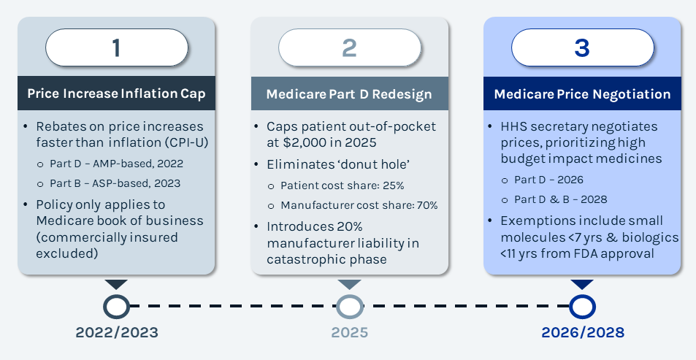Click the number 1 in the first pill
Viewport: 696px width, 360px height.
click(116, 48)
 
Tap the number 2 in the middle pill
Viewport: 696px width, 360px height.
click(349, 48)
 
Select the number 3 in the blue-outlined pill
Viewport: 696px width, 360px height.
click(582, 48)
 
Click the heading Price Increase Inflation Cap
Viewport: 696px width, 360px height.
click(116, 93)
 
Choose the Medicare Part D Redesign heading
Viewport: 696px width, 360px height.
click(349, 94)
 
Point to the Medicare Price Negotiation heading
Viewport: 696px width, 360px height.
click(582, 94)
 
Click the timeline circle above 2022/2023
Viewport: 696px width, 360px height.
click(116, 307)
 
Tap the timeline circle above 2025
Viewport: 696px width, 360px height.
click(349, 307)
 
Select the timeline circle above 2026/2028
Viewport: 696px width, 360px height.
click(582, 307)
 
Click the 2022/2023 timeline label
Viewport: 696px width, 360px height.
click(116, 333)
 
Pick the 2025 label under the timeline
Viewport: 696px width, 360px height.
click(349, 333)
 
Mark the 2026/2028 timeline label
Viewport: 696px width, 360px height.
click(582, 333)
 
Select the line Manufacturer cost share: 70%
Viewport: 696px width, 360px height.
click(358, 205)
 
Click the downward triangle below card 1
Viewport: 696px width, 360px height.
click(116, 284)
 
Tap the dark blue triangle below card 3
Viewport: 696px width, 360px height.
click(582, 284)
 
